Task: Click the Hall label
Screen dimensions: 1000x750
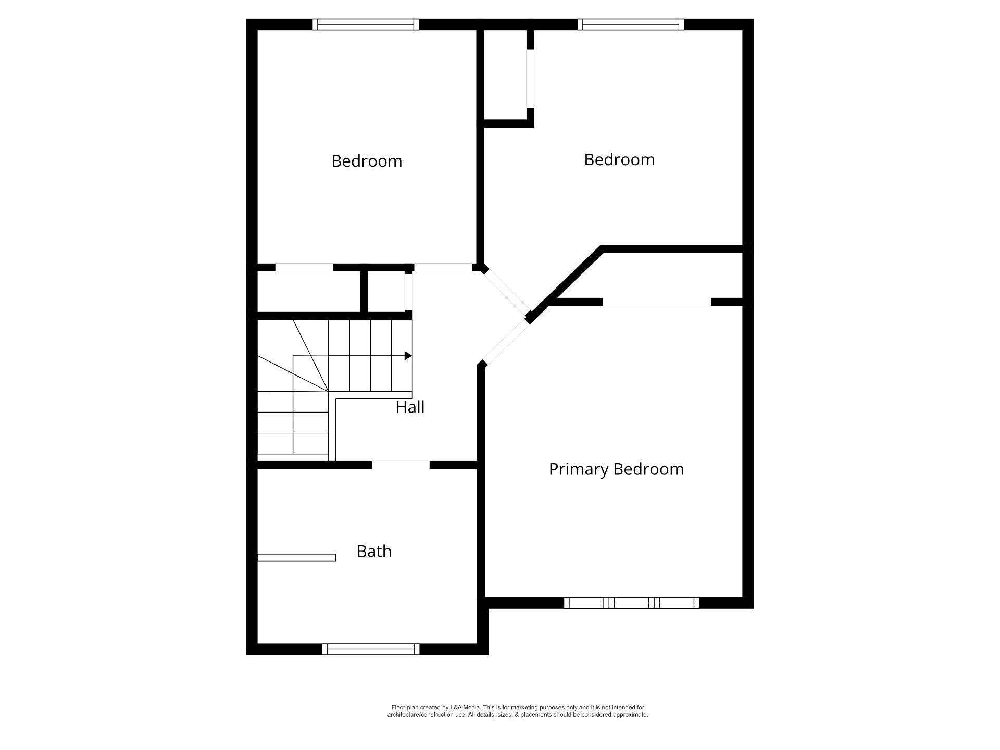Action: click(x=410, y=407)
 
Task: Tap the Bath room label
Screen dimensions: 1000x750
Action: click(x=374, y=551)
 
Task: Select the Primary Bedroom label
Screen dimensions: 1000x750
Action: click(x=616, y=469)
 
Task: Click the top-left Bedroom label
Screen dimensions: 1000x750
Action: click(x=367, y=161)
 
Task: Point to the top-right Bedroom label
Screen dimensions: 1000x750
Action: click(x=619, y=159)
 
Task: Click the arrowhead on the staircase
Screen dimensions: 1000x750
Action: click(x=408, y=356)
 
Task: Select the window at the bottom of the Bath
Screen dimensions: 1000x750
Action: click(x=371, y=649)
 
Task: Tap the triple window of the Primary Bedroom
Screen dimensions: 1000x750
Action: click(x=631, y=603)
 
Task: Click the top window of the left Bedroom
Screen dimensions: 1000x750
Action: click(x=366, y=24)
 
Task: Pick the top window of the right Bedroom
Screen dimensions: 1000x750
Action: click(x=631, y=24)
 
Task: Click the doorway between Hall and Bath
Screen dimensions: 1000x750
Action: click(x=401, y=465)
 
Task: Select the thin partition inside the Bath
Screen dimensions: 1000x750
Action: click(x=297, y=557)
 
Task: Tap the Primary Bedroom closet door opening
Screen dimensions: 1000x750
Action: click(x=657, y=302)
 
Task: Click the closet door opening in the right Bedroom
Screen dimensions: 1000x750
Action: click(x=530, y=79)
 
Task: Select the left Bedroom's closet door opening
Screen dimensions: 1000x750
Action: click(x=304, y=268)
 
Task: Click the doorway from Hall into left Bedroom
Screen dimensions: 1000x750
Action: click(x=443, y=268)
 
